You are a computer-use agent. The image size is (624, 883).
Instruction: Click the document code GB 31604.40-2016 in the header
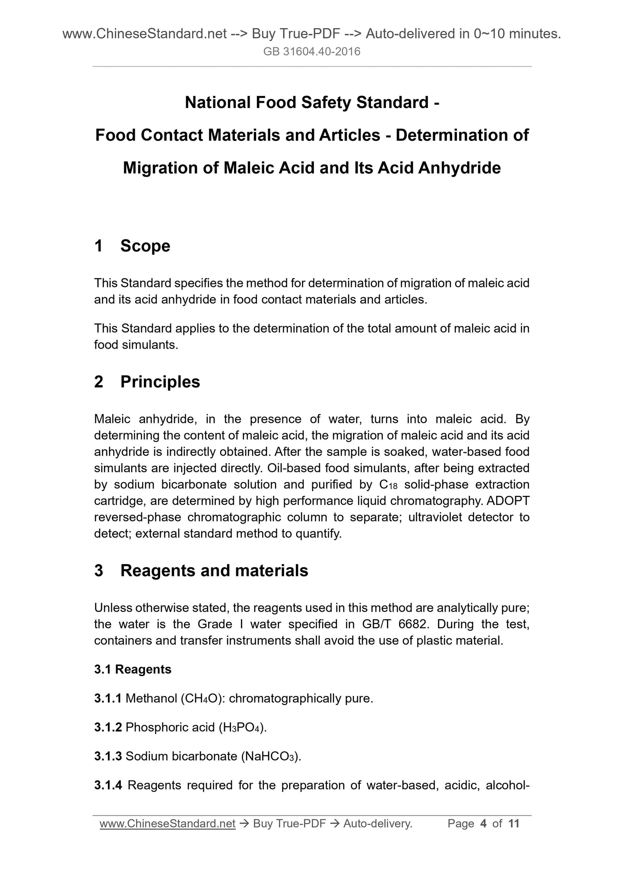tap(312, 52)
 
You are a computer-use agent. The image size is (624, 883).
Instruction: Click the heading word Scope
tap(145, 246)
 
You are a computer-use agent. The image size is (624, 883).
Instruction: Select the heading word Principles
tap(160, 382)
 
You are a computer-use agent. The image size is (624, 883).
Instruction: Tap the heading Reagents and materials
tap(214, 571)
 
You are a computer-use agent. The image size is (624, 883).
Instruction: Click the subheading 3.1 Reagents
tap(133, 669)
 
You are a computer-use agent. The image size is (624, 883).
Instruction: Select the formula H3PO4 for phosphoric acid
tap(241, 727)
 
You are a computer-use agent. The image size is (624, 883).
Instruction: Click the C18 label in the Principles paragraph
tap(388, 485)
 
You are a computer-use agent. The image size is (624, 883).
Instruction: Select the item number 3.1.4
tap(108, 785)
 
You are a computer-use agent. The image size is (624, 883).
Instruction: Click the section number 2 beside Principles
tap(99, 382)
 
